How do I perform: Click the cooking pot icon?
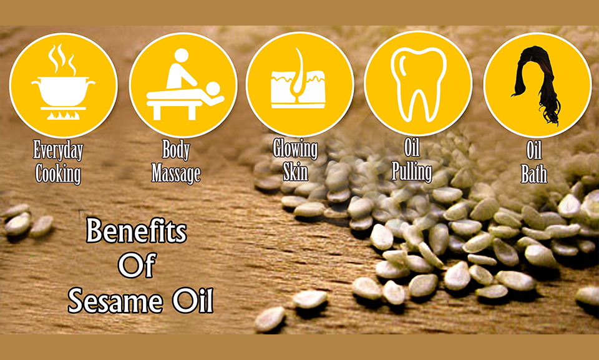pyautogui.click(x=64, y=92)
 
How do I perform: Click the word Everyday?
pyautogui.click(x=58, y=150)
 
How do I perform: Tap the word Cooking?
pyautogui.click(x=58, y=173)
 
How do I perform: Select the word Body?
pyautogui.click(x=176, y=149)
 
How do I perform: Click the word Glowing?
pyautogui.click(x=295, y=148)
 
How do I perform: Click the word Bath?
pyautogui.click(x=534, y=173)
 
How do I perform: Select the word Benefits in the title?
pyautogui.click(x=137, y=230)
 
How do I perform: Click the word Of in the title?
pyautogui.click(x=137, y=265)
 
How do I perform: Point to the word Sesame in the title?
pyautogui.click(x=115, y=301)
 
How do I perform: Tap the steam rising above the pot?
pyautogui.click(x=62, y=60)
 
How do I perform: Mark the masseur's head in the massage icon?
pyautogui.click(x=181, y=56)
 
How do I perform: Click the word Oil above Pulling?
pyautogui.click(x=412, y=147)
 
